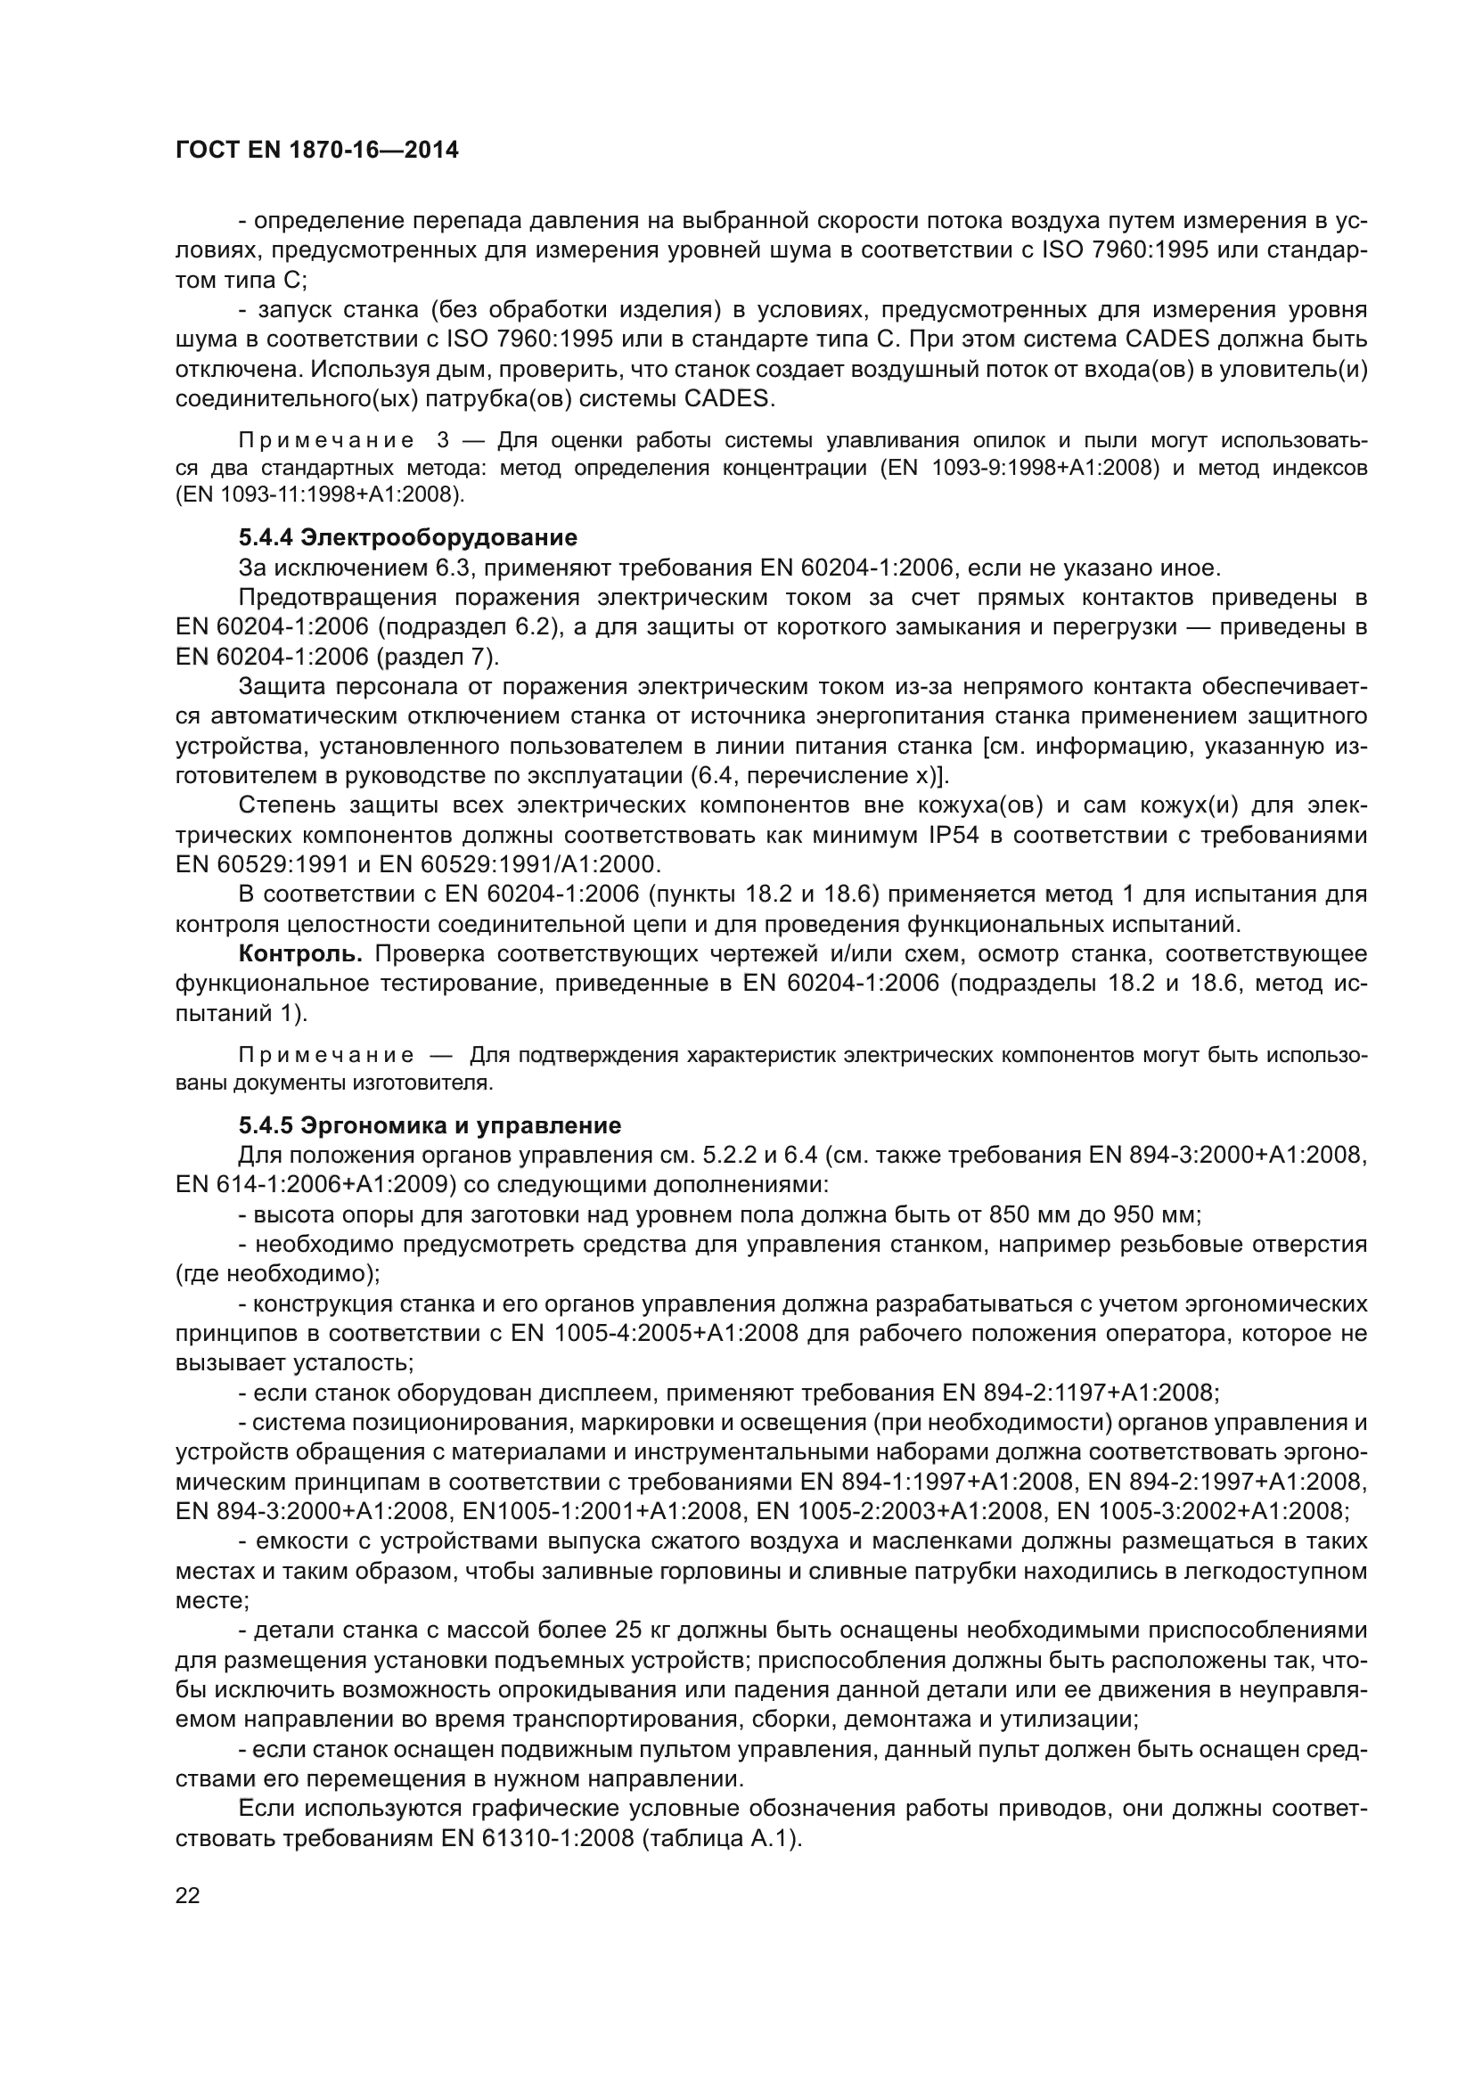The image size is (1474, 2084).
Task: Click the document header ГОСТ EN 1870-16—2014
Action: pyautogui.click(x=316, y=151)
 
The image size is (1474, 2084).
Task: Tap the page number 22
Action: pyautogui.click(x=188, y=1895)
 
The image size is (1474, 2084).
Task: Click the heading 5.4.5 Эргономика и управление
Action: pyautogui.click(x=430, y=1126)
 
